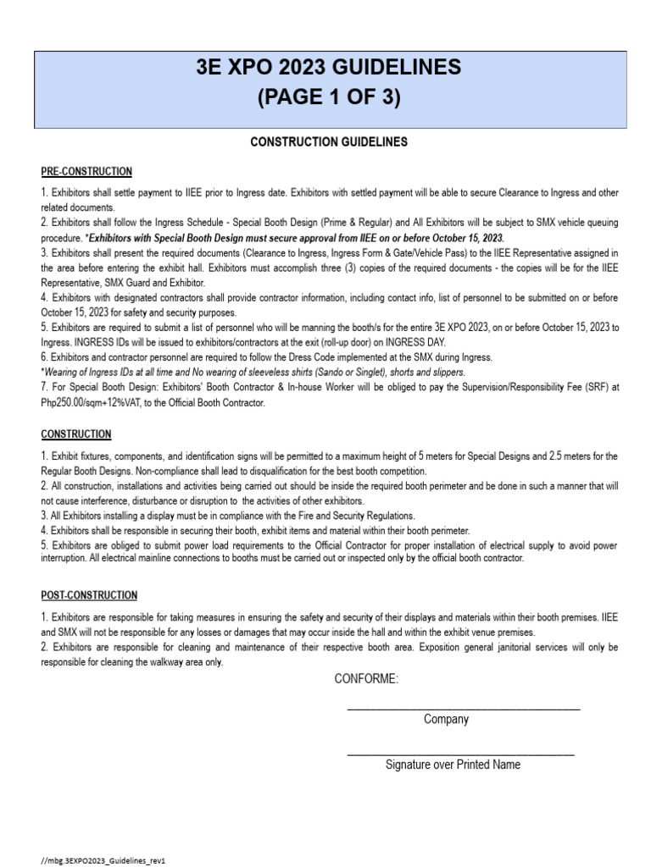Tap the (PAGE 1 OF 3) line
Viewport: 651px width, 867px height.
(x=328, y=98)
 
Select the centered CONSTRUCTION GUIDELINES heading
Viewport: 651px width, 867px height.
(x=329, y=142)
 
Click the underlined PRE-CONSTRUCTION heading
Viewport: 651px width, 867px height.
(x=86, y=172)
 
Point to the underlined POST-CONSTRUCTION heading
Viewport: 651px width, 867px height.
(x=89, y=596)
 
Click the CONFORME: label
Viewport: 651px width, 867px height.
(x=366, y=681)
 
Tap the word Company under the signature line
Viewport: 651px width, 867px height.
(x=446, y=720)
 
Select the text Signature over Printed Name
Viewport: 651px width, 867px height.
(x=453, y=765)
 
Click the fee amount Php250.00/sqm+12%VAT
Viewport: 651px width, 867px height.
(x=93, y=403)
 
